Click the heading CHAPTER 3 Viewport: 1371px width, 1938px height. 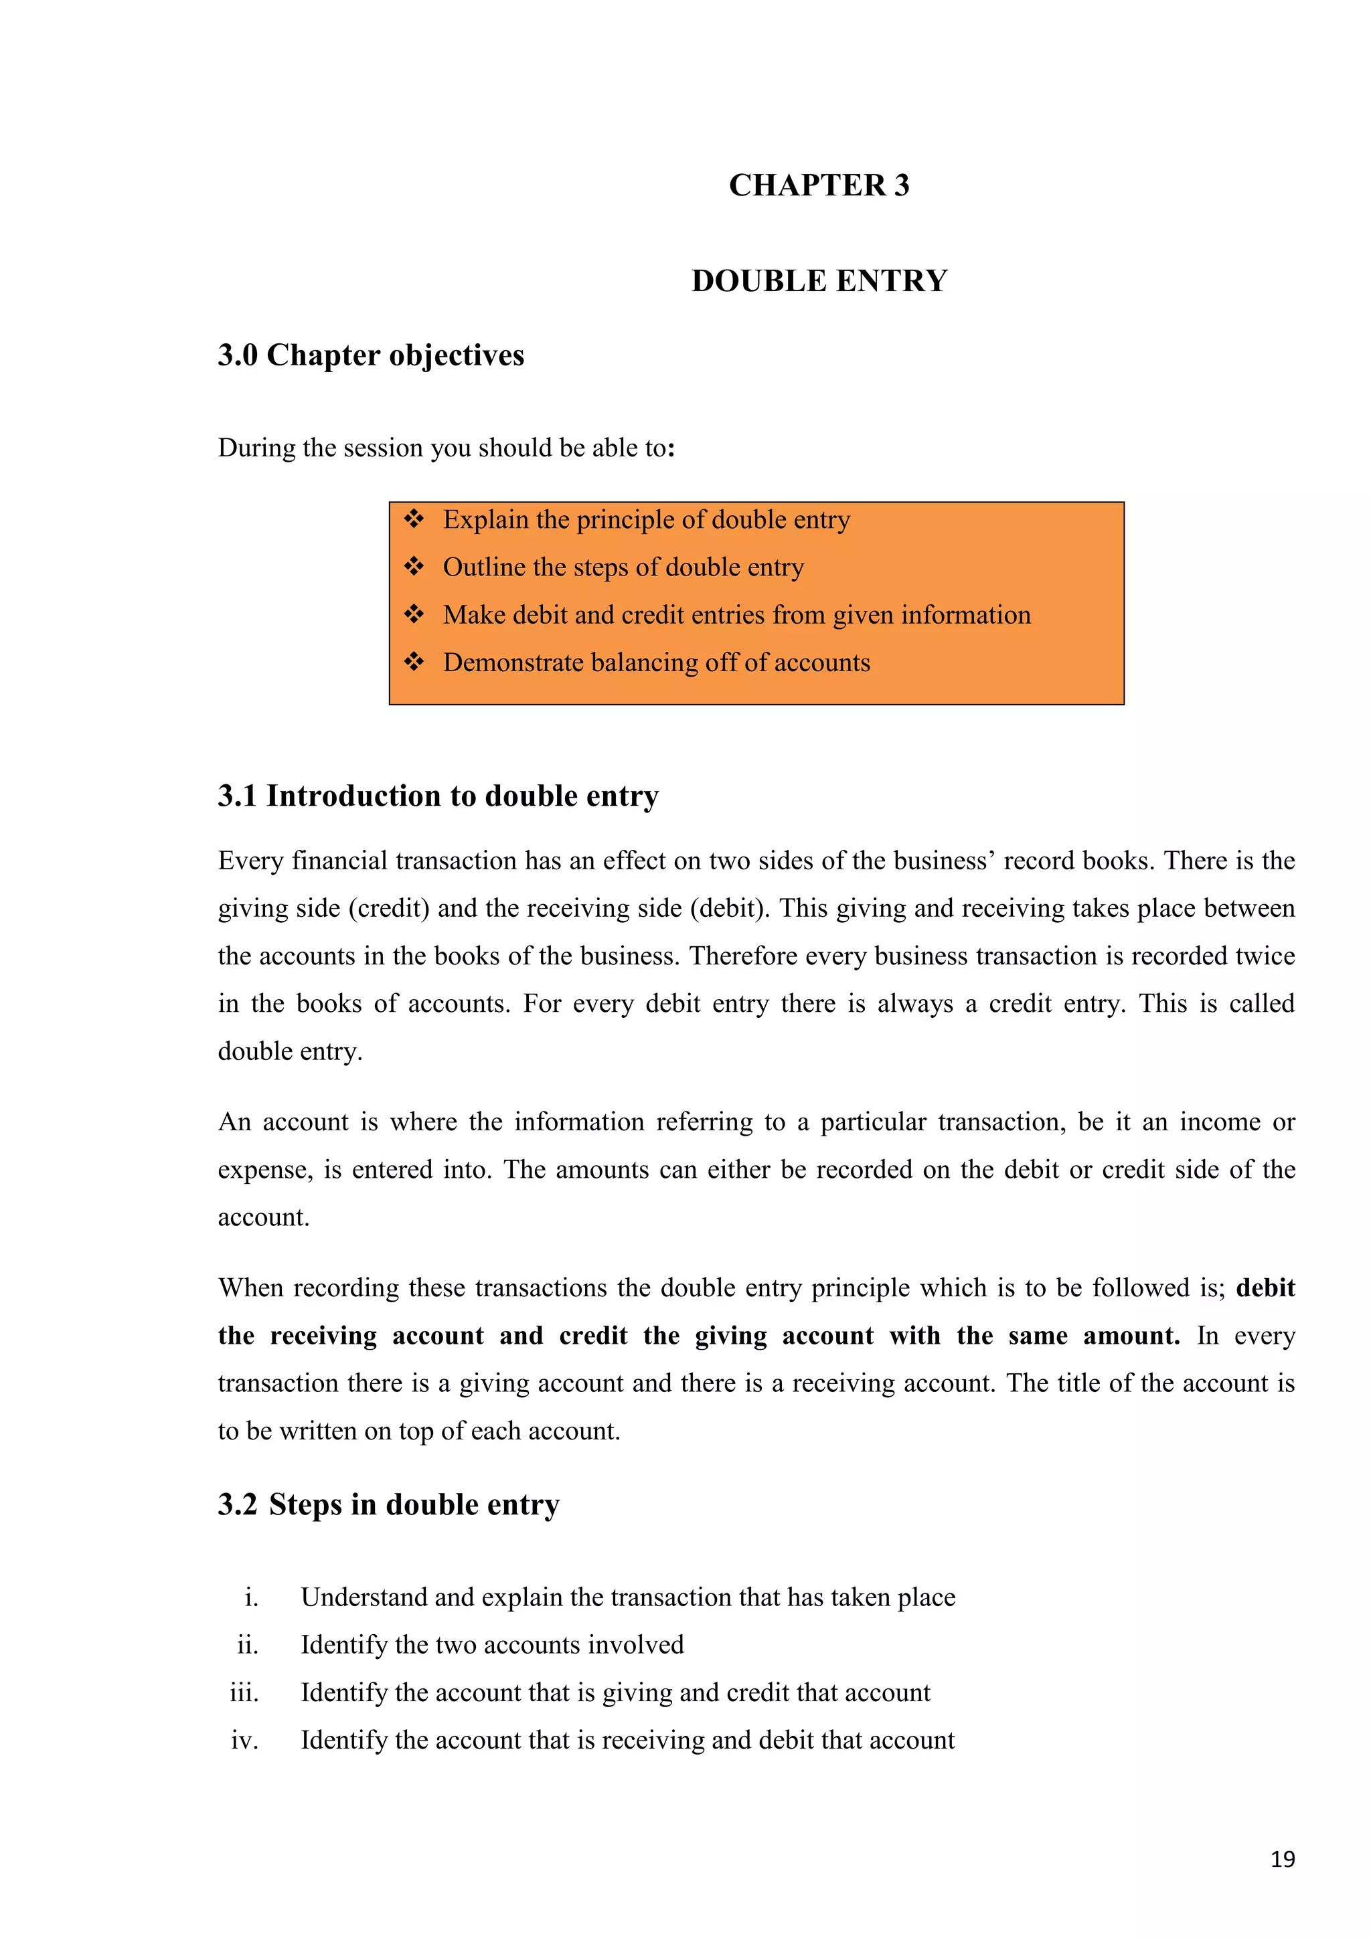pyautogui.click(x=819, y=185)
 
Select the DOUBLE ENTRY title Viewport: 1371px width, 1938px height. pyautogui.click(x=819, y=281)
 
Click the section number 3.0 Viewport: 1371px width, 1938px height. pyautogui.click(x=237, y=355)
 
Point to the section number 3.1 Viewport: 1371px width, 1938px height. pyautogui.click(x=237, y=796)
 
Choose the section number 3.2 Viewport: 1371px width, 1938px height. pyautogui.click(x=237, y=1505)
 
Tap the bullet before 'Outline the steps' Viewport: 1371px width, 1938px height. pyautogui.click(x=414, y=566)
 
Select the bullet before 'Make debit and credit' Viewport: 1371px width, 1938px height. pyautogui.click(x=414, y=614)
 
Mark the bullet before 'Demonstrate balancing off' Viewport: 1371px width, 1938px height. pyautogui.click(x=414, y=662)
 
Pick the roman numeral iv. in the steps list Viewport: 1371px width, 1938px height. pyautogui.click(x=245, y=1741)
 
